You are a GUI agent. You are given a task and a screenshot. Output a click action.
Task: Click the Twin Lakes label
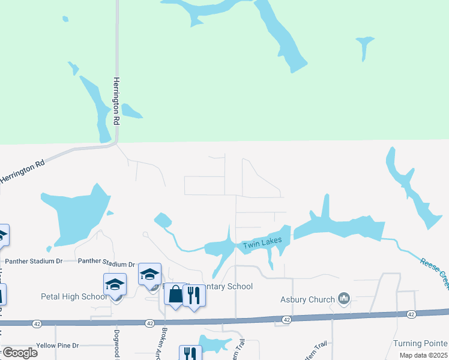pyautogui.click(x=262, y=243)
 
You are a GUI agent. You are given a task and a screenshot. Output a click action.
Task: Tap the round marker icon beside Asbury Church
pyautogui.click(x=344, y=298)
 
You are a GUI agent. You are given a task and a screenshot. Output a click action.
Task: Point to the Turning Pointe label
pyautogui.click(x=420, y=343)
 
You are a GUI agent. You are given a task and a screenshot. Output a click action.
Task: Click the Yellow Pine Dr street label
pyautogui.click(x=58, y=346)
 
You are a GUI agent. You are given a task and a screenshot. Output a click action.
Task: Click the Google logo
pyautogui.click(x=20, y=353)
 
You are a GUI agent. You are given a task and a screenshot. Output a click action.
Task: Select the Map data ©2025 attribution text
pyautogui.click(x=422, y=355)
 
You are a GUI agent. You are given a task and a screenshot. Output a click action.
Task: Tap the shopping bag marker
pyautogui.click(x=175, y=295)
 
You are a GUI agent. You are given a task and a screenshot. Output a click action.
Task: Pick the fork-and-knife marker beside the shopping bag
pyautogui.click(x=193, y=295)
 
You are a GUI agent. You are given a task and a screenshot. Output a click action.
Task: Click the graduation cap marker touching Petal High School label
pyautogui.click(x=115, y=285)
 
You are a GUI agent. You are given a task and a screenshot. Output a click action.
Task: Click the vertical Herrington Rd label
pyautogui.click(x=118, y=101)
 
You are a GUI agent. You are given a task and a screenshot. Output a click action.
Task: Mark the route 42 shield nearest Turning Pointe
pyautogui.click(x=411, y=314)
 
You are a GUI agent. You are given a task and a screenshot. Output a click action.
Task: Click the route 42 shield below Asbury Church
pyautogui.click(x=287, y=319)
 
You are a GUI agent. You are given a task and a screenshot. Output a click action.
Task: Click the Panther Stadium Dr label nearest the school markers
pyautogui.click(x=107, y=264)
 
